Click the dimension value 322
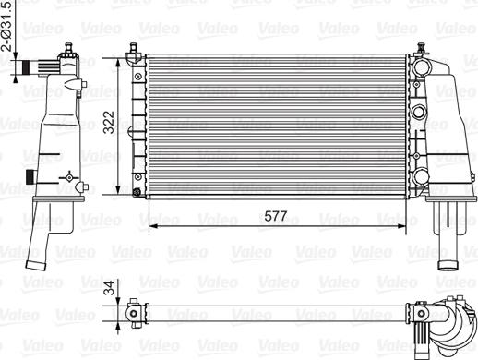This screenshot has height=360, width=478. click(x=109, y=122)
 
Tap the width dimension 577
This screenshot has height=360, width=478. click(x=276, y=216)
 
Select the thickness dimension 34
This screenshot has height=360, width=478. click(x=109, y=288)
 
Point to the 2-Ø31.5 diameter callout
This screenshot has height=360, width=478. click(x=7, y=26)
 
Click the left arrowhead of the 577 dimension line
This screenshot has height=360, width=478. click(x=153, y=226)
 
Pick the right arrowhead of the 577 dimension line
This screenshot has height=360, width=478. click(x=401, y=226)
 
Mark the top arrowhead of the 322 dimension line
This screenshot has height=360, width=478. click(x=118, y=63)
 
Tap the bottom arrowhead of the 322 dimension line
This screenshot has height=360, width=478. click(x=118, y=190)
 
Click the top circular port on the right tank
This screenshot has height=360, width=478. click(x=422, y=67)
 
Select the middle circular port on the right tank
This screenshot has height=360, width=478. click(x=419, y=113)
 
